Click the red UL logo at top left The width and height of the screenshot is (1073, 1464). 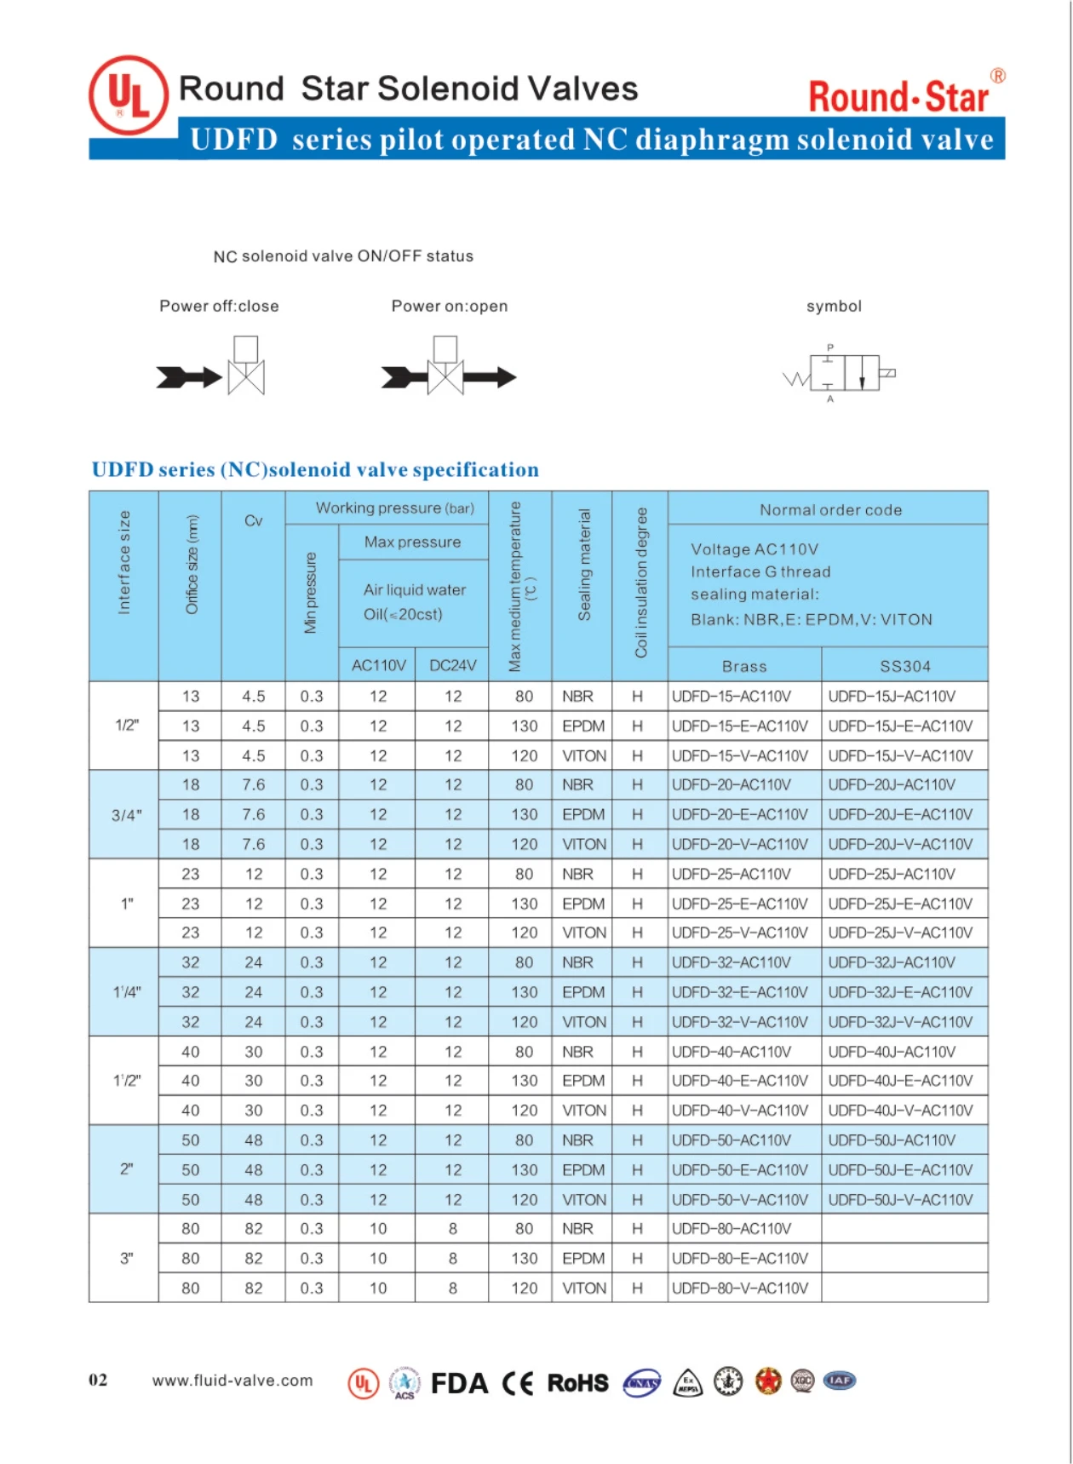tap(129, 95)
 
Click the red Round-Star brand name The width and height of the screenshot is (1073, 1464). tap(898, 96)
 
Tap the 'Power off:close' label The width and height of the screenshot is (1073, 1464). tap(219, 307)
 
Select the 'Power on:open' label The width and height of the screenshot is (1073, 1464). tap(449, 307)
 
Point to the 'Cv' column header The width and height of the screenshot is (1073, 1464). tap(253, 521)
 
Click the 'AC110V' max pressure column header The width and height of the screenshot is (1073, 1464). tap(378, 665)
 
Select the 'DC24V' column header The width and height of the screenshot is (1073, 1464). tap(452, 665)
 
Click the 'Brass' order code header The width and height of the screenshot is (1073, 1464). tap(744, 666)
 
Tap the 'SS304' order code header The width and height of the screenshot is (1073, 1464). tap(904, 666)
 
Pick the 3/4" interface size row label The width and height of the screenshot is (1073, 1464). tap(126, 815)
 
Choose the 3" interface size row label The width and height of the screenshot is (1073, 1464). tap(126, 1258)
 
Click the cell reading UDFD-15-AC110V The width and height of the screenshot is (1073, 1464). tap(732, 697)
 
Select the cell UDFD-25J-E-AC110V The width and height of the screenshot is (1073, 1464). tap(900, 904)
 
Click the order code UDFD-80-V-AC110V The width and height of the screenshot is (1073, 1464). tap(740, 1288)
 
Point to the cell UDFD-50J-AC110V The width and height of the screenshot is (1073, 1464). tap(892, 1140)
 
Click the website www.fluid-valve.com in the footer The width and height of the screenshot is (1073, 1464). tap(232, 1381)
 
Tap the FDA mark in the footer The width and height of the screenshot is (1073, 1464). tap(459, 1383)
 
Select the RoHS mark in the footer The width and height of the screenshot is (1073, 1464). tap(577, 1383)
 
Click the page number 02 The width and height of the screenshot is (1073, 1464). tap(98, 1381)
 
